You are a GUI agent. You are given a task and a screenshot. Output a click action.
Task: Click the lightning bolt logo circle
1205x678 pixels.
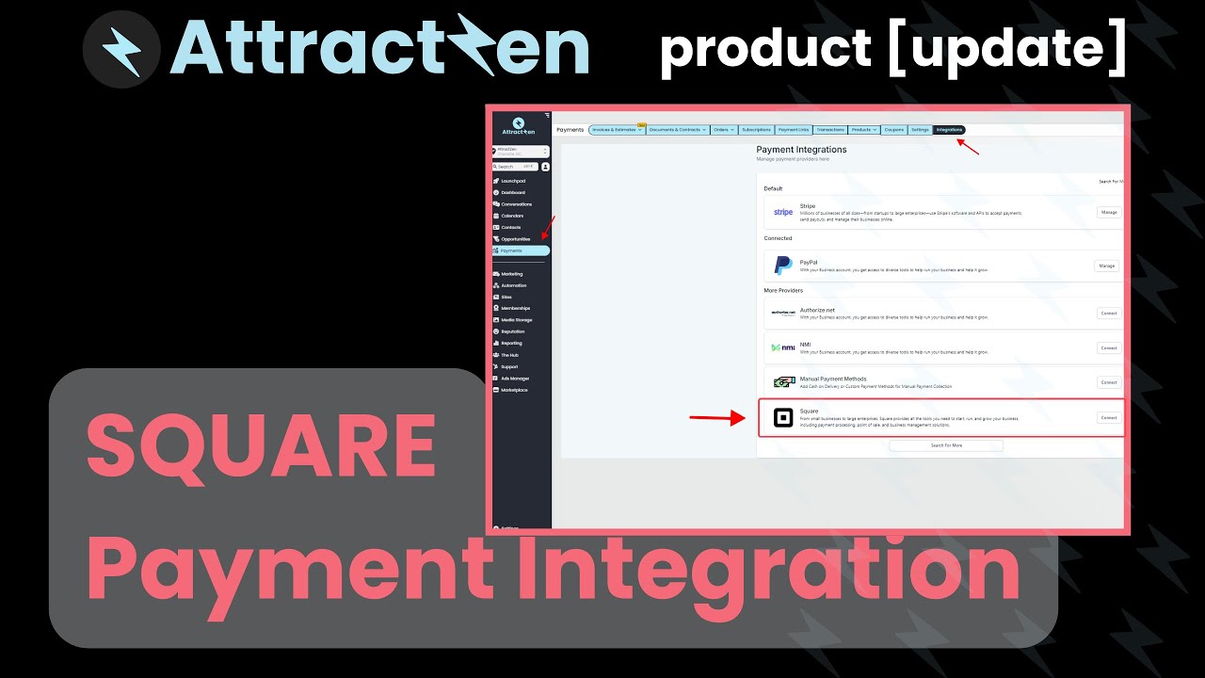[120, 49]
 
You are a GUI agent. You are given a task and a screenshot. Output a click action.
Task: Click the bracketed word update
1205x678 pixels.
[1005, 49]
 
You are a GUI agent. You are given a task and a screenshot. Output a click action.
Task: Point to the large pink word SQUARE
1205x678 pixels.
[261, 444]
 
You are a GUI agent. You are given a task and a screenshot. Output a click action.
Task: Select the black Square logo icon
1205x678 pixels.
[782, 417]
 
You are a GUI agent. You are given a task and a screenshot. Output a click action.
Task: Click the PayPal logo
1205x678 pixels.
[782, 266]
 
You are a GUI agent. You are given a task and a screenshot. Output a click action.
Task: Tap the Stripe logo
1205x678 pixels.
[782, 212]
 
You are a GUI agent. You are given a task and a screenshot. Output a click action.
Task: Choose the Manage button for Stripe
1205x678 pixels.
[1109, 212]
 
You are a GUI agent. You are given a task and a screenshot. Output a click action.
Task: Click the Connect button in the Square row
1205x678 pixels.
[1109, 417]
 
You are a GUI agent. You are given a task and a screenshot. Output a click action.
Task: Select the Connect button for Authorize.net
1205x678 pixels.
[1109, 313]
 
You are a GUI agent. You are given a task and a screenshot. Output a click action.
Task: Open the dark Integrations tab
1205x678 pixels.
[949, 130]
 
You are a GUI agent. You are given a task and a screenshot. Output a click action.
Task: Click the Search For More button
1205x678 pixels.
[946, 445]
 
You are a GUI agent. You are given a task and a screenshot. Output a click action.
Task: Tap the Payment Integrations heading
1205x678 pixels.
[801, 150]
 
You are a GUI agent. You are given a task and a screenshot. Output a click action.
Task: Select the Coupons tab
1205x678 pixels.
[893, 130]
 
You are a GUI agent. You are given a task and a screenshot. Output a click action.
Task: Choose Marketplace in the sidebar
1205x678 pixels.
[514, 390]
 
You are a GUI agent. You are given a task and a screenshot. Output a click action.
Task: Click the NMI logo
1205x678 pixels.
[782, 347]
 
